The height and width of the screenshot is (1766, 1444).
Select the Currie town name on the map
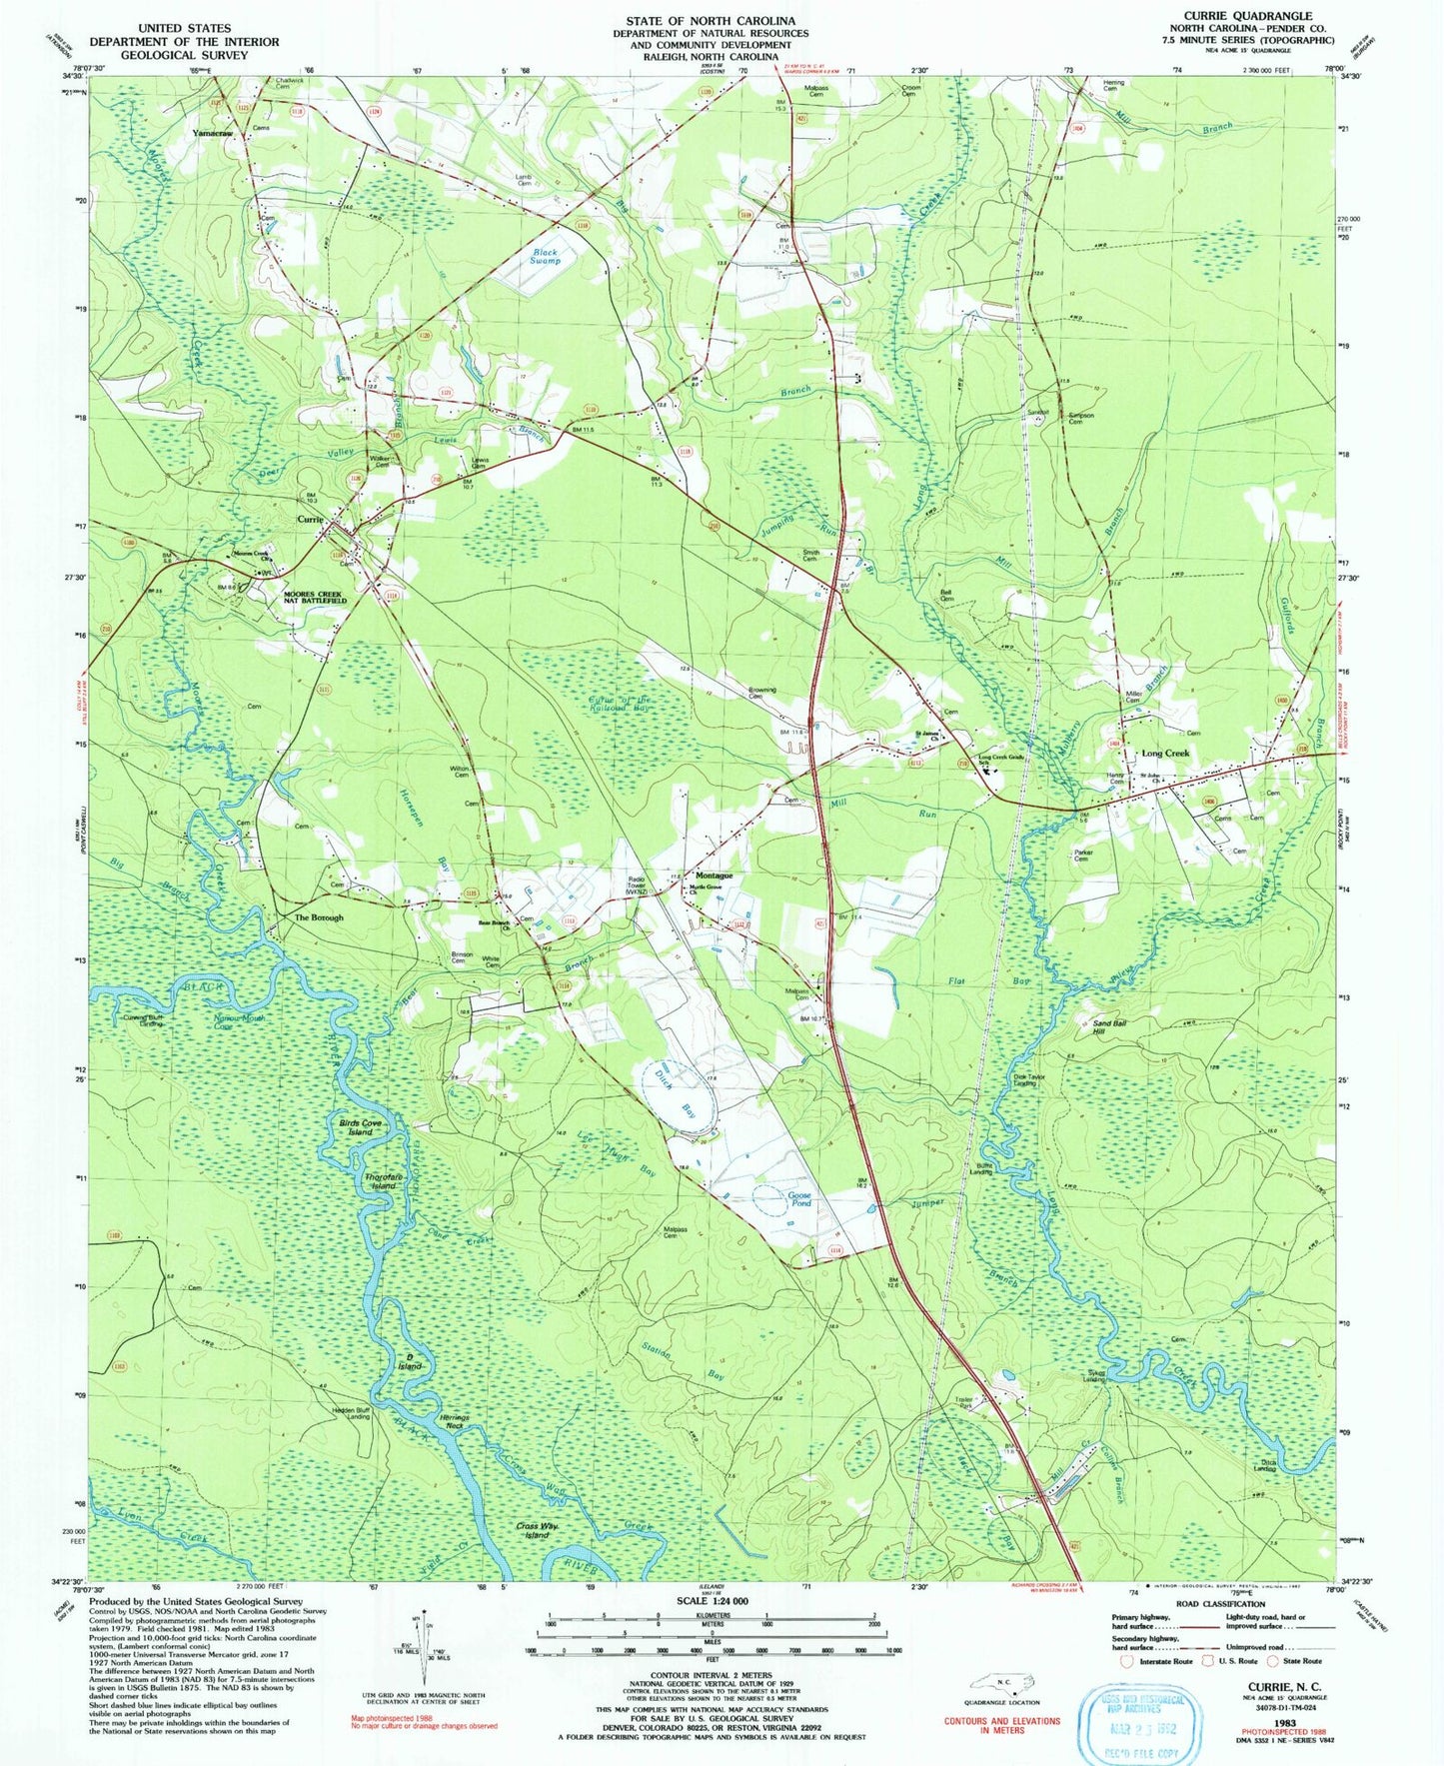[311, 520]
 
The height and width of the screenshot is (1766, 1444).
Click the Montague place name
[708, 876]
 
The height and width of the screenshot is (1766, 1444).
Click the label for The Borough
[318, 917]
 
